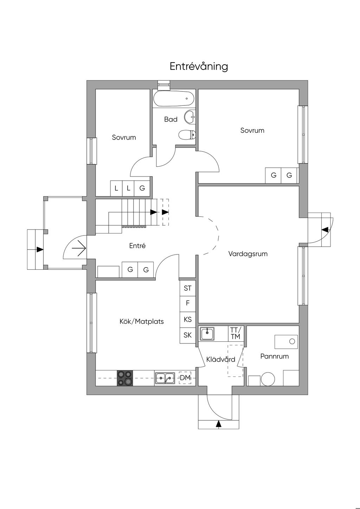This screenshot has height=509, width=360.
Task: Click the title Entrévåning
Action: (199, 66)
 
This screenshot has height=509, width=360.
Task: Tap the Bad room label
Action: (171, 120)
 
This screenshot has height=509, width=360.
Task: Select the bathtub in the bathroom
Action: (174, 99)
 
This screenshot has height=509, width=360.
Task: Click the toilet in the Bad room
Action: (187, 135)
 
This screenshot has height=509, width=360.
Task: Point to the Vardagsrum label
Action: (248, 254)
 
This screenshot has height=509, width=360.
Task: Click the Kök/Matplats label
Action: (142, 321)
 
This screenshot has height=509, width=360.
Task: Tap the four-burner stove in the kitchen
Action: (125, 378)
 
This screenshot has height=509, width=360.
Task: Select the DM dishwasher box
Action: (185, 378)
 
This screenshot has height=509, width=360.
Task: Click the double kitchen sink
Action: (165, 378)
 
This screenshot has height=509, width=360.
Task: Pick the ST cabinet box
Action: (188, 288)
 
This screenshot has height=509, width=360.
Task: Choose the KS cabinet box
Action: (188, 320)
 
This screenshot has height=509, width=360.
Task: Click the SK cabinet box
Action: (188, 335)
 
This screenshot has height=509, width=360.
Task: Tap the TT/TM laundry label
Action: (235, 333)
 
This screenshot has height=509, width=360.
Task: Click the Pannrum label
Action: (275, 356)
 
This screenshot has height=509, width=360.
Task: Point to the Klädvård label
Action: (221, 360)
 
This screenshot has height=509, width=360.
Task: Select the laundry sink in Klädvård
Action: (207, 333)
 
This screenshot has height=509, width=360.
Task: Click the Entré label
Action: (137, 246)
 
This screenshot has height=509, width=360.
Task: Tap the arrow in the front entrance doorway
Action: (79, 249)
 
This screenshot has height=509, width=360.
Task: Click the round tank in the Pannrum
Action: (269, 379)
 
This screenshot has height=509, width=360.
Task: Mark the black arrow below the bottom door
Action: (219, 424)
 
